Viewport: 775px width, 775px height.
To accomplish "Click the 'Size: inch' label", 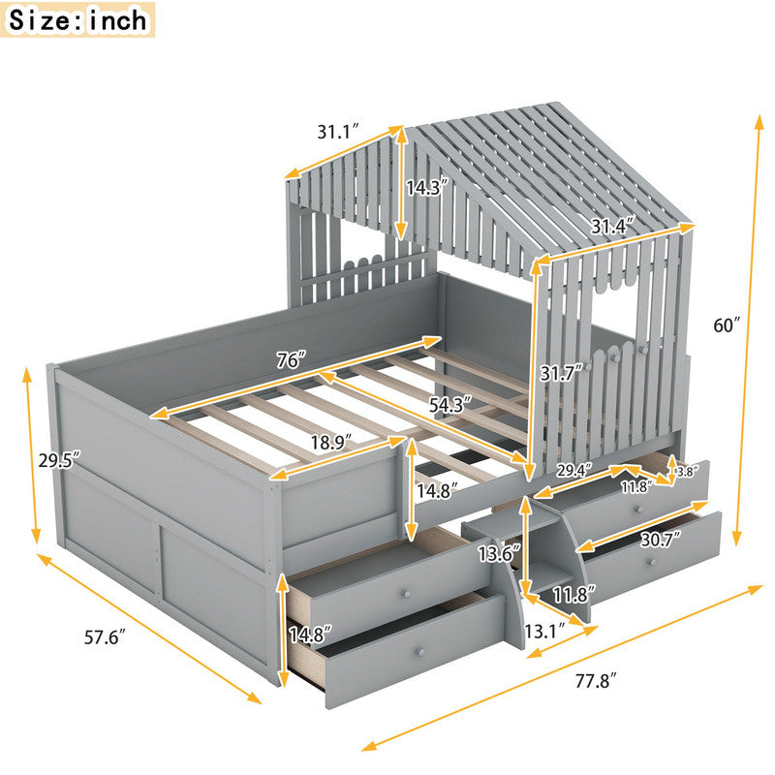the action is click(77, 19).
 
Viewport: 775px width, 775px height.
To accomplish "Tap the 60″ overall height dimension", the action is click(727, 325).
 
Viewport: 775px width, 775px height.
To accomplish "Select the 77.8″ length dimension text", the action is click(596, 682).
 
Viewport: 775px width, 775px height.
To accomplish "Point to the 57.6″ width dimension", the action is click(103, 637).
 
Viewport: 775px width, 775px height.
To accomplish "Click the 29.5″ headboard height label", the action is click(59, 460).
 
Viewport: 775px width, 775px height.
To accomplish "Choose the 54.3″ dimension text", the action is click(449, 405).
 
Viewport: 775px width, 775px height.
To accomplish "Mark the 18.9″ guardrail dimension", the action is click(331, 442).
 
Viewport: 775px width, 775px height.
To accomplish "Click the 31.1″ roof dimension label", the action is click(337, 132).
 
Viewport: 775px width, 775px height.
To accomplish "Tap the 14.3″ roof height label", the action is click(426, 188).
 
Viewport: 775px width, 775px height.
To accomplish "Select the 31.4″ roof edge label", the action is click(613, 227).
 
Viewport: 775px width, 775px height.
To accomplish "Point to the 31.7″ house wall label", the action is click(561, 373).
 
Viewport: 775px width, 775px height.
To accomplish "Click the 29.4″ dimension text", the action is click(573, 470).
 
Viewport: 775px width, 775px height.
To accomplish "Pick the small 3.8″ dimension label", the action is click(686, 472).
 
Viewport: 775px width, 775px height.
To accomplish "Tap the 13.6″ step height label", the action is click(499, 553).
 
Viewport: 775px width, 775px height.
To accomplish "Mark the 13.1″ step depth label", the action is click(544, 632).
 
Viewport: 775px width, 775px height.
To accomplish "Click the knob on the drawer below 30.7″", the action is click(652, 563).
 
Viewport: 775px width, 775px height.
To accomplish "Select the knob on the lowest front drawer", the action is click(420, 651).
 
